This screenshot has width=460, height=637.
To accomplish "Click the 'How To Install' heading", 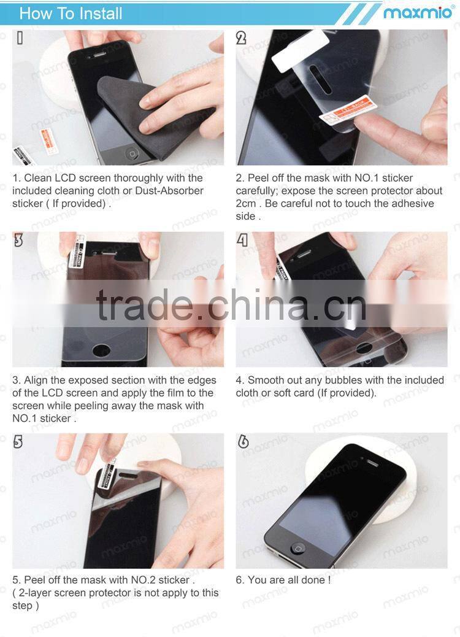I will click(71, 14).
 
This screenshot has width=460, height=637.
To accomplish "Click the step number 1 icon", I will click(20, 38).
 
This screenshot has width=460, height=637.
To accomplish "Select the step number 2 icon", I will click(242, 38).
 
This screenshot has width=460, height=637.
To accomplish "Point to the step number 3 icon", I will click(18, 240).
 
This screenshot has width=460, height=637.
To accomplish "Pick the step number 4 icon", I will click(243, 240).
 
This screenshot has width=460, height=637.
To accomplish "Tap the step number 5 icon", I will click(18, 442).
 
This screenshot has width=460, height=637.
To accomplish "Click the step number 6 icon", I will click(243, 442).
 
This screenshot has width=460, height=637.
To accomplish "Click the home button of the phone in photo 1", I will click(132, 152).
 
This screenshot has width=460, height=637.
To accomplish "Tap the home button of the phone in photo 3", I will click(101, 350).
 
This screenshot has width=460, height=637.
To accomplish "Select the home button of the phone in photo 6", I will click(299, 547).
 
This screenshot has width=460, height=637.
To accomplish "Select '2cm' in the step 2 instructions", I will click(247, 204).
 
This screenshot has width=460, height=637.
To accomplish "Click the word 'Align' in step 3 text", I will click(37, 380).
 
